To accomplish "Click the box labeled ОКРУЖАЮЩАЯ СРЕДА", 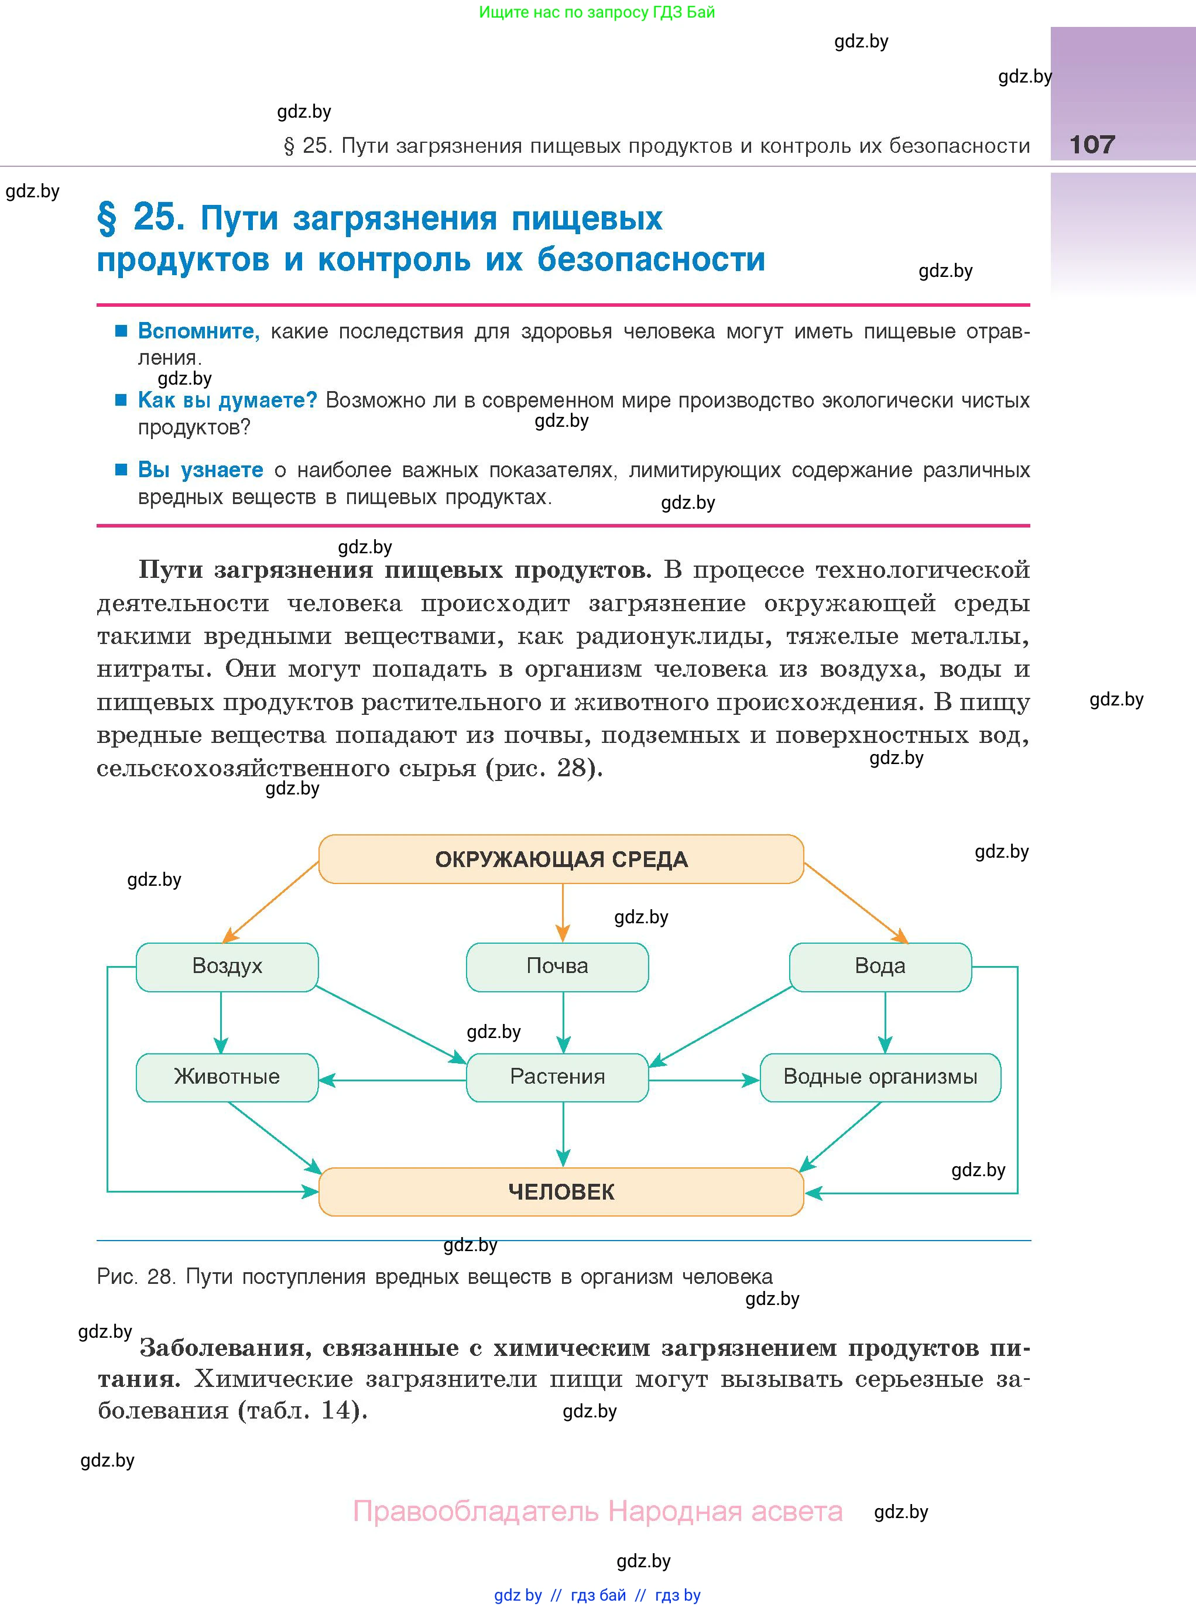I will pos(561,859).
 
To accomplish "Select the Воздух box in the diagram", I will pos(227,967).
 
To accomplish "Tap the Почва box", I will pos(557,967).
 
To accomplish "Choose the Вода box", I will pos(880,967).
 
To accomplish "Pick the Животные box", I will pos(227,1077).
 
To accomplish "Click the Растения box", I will pos(557,1077).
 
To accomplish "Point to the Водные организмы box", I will pos(880,1077).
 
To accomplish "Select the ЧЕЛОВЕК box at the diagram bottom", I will pos(561,1191).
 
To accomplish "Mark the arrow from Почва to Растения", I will pos(563,1022).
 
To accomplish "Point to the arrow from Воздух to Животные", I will pos(221,1022).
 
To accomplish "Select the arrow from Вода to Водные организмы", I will pos(885,1022).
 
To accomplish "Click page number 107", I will pos(1092,145).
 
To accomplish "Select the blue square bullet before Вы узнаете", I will pos(122,470).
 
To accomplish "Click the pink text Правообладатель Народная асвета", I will pos(597,1512).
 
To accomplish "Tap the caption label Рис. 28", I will pos(136,1276).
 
